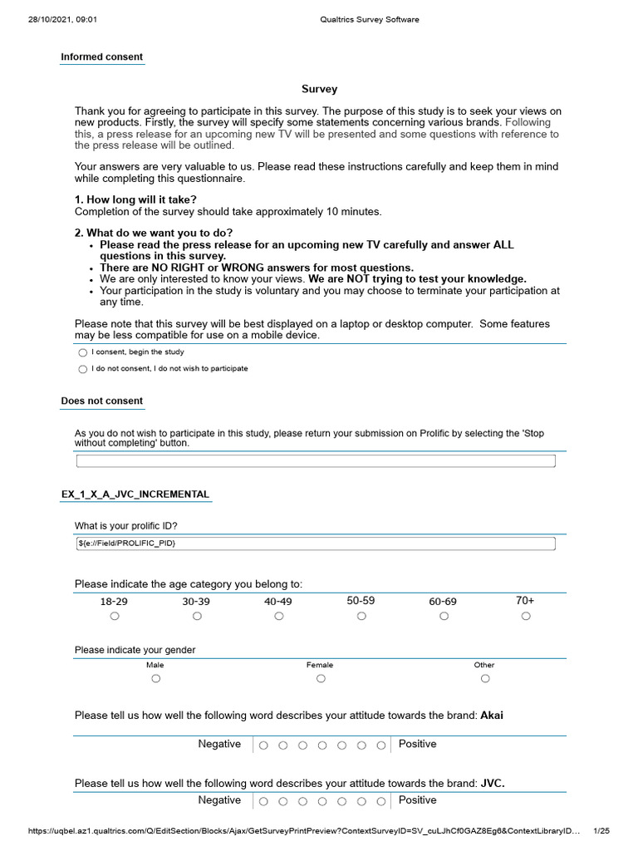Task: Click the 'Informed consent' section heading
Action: [101, 57]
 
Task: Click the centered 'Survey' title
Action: [319, 89]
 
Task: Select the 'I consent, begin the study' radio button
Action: [82, 353]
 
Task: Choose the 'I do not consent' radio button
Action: [82, 369]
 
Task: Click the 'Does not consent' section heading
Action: [101, 401]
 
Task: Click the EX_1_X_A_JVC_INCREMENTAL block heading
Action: [135, 494]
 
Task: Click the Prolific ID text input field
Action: [316, 544]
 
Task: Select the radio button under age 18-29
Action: [115, 617]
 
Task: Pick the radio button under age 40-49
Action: [279, 617]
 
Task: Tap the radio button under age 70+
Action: [526, 617]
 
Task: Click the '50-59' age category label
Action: [361, 600]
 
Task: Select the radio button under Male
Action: [155, 679]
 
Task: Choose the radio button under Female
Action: [321, 679]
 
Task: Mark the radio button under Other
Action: [485, 679]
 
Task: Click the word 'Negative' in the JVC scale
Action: [219, 800]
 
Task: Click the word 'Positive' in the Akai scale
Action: [417, 744]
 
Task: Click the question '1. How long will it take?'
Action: [135, 199]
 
